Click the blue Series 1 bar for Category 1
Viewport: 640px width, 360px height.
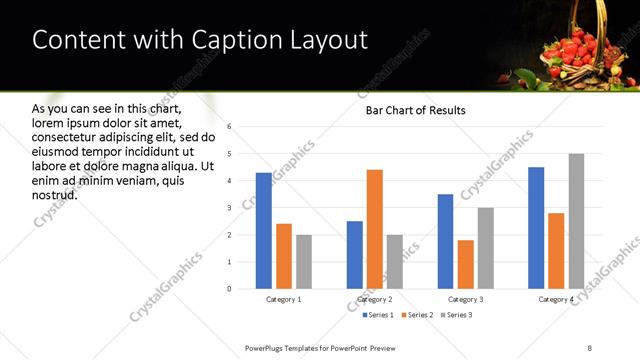[x=263, y=231]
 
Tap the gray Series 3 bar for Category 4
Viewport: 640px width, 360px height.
[x=576, y=221]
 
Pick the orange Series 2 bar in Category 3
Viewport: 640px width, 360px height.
[x=465, y=264]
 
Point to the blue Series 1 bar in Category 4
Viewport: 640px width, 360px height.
[x=536, y=228]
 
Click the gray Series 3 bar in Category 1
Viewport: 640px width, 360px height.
[x=303, y=262]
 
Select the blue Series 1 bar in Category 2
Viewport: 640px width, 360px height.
[x=354, y=255]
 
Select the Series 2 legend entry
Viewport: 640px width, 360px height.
[x=417, y=315]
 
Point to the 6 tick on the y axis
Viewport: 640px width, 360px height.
[x=229, y=127]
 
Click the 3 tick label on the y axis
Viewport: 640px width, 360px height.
[x=229, y=208]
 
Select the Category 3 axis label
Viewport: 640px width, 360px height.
[x=465, y=299]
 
